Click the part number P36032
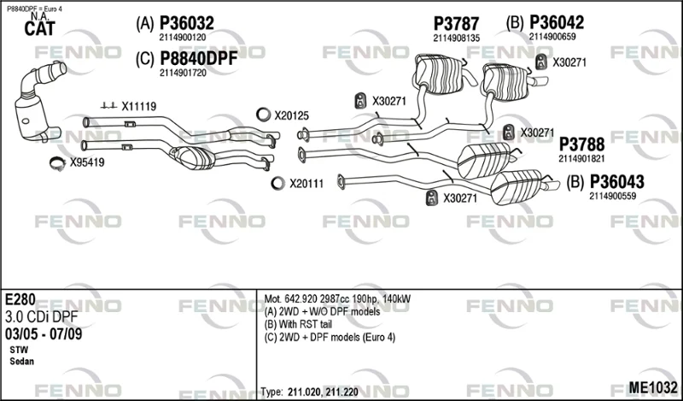(187, 23)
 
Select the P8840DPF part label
(199, 58)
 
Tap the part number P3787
(456, 24)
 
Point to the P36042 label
(557, 23)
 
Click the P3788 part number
(582, 144)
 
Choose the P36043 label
(616, 182)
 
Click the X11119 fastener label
(138, 106)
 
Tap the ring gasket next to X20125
(263, 115)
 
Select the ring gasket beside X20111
(277, 183)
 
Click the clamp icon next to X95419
(57, 163)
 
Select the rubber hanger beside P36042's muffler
(541, 62)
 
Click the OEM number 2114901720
(183, 74)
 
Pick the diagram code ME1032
(652, 387)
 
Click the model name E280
(20, 299)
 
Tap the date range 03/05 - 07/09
(44, 334)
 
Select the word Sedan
(22, 362)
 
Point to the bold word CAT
(39, 29)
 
